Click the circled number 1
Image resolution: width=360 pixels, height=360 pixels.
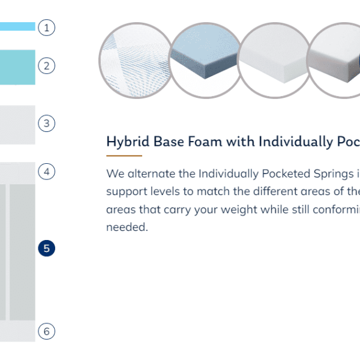[46, 28]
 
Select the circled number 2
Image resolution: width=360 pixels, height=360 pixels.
[46, 65]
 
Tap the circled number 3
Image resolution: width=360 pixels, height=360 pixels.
[46, 123]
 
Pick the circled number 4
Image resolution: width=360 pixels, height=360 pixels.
[46, 171]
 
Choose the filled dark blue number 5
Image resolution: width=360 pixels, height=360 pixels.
[46, 248]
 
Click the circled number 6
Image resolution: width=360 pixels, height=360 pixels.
[46, 331]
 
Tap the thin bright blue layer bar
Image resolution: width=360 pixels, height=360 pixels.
[17, 26]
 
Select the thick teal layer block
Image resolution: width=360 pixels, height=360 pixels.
[17, 67]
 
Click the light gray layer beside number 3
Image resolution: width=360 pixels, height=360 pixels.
[17, 125]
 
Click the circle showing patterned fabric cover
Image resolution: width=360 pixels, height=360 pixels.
[136, 61]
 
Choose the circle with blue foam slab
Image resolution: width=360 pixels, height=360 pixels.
[205, 61]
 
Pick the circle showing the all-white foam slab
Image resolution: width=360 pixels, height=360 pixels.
[274, 61]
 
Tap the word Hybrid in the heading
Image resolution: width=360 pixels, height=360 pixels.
[128, 142]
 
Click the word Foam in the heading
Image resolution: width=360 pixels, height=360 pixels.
[205, 141]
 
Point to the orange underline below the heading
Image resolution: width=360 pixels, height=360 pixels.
[124, 155]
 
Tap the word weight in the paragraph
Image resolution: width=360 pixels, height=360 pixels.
[244, 209]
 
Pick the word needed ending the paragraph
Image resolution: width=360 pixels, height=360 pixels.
[127, 227]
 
